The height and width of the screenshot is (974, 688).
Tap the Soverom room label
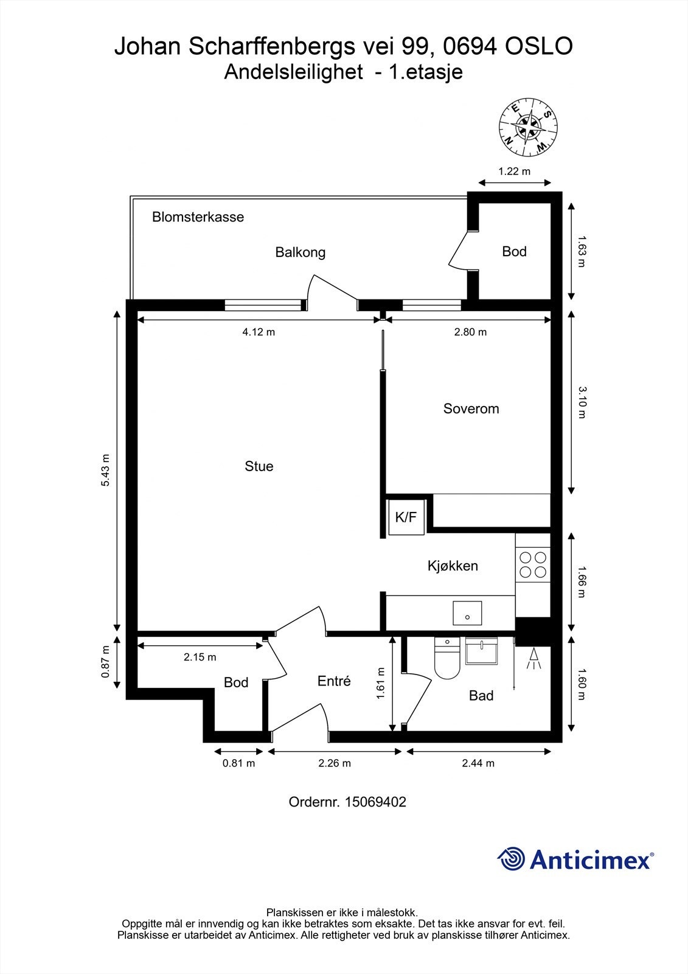(471, 408)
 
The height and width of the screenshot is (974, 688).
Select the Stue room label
(259, 466)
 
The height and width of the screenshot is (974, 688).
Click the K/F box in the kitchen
(406, 517)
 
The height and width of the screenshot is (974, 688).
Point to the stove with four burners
(532, 564)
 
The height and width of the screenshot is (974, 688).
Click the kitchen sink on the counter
(467, 613)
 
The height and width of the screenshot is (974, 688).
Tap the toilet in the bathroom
(447, 660)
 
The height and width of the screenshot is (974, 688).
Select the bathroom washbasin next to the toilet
(481, 651)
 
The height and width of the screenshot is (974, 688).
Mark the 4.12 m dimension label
(259, 332)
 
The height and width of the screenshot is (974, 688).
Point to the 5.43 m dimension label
(106, 470)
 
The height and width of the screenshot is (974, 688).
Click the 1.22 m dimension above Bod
(514, 171)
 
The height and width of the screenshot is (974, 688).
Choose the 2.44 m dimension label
(478, 763)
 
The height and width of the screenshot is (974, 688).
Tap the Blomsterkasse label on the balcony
(198, 217)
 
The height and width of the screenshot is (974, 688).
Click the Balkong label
(300, 252)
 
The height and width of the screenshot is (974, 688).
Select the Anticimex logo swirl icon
(511, 859)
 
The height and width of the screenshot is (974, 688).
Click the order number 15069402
(375, 802)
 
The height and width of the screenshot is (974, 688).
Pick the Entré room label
(334, 681)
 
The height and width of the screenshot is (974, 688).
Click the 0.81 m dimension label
(238, 763)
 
